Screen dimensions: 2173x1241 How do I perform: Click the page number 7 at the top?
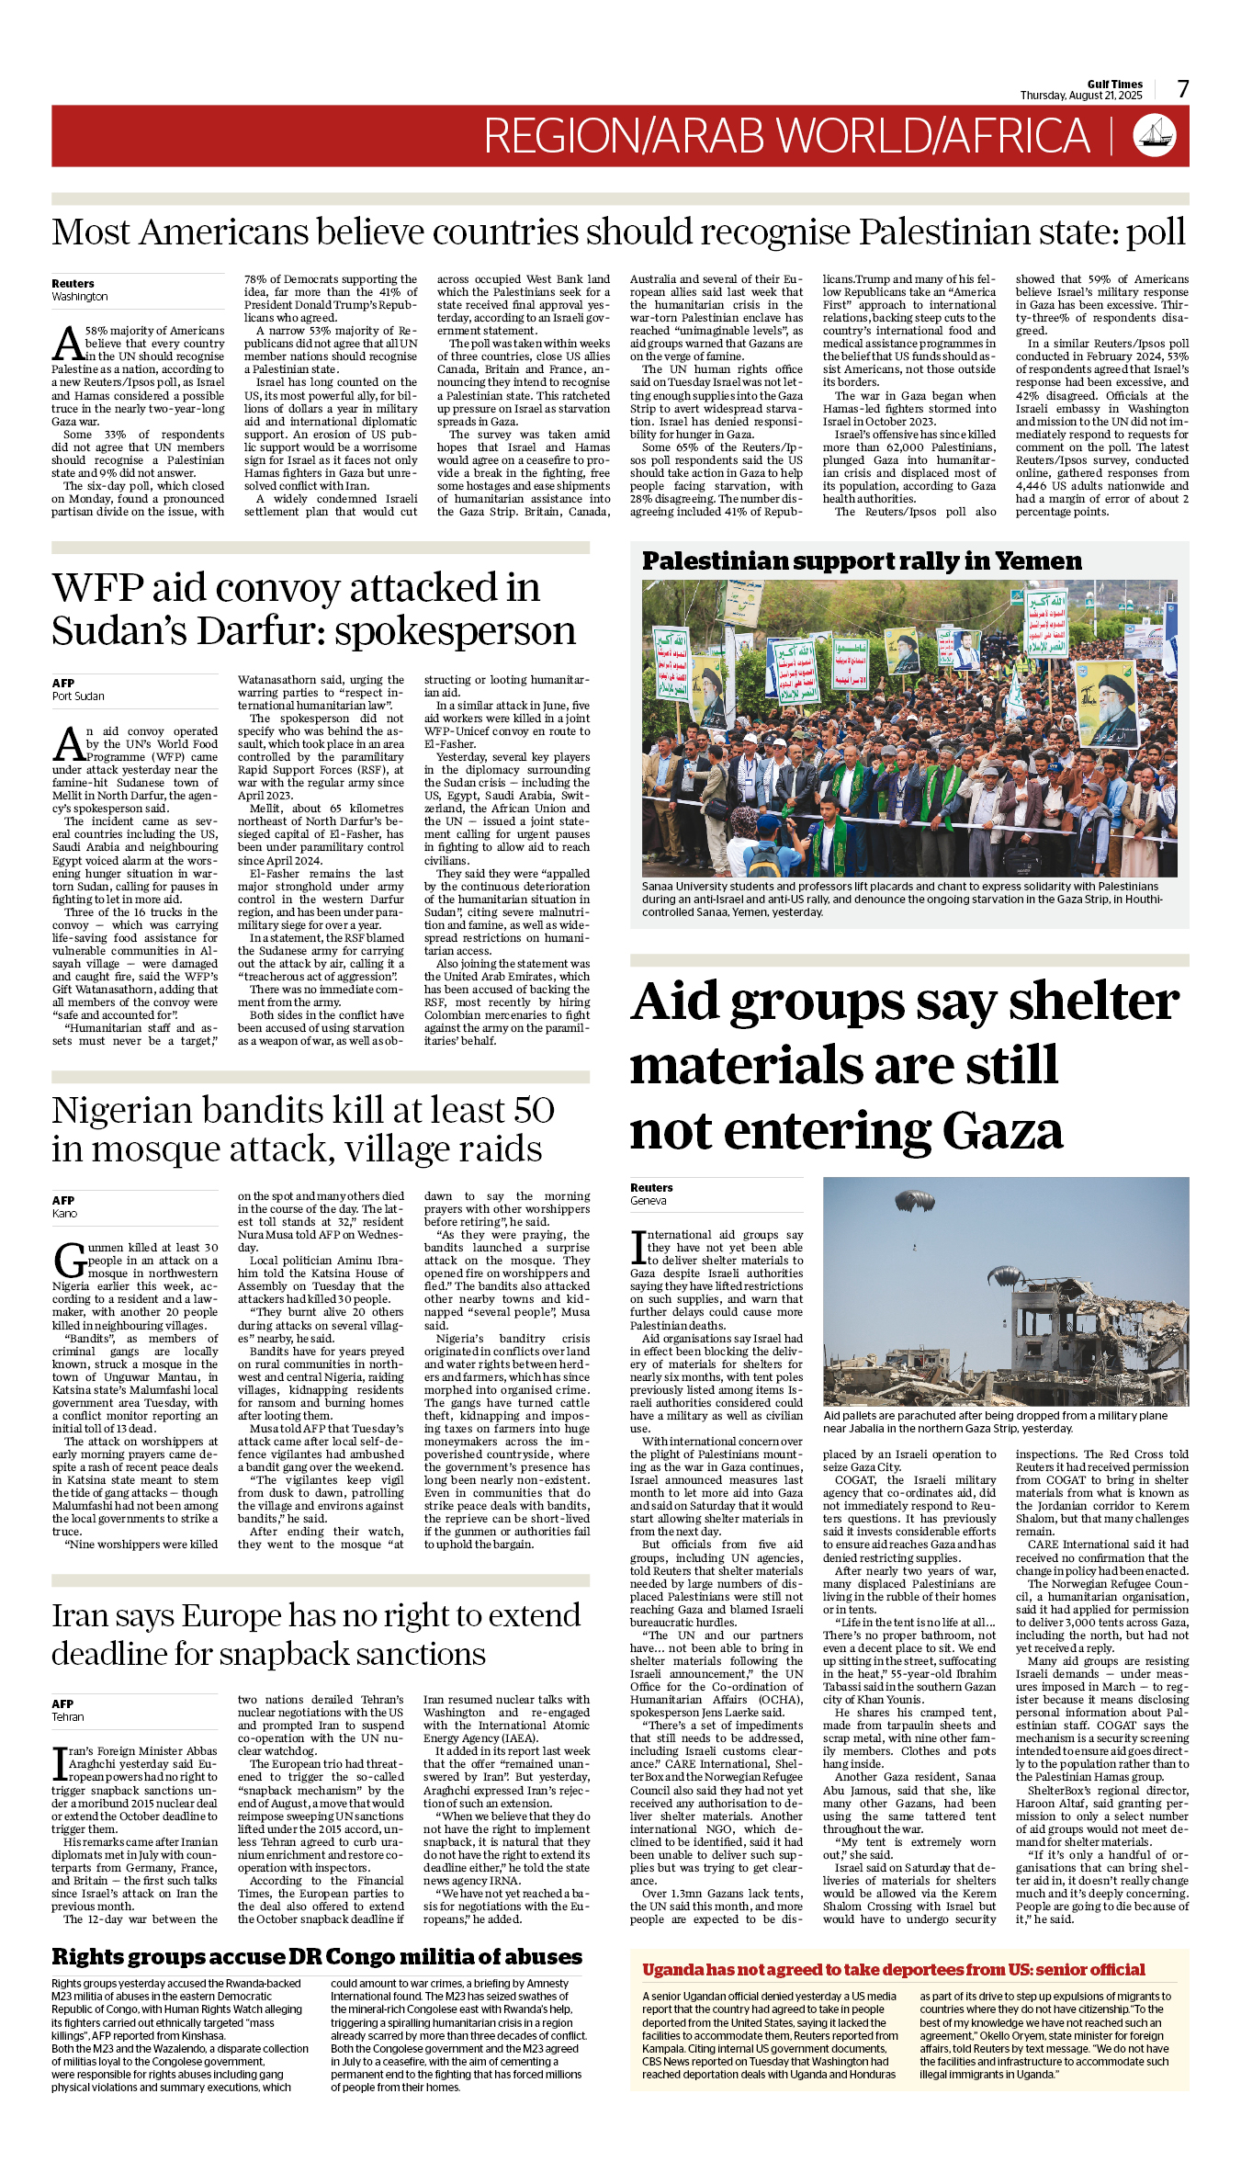tap(1183, 89)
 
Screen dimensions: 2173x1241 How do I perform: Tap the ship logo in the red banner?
tap(1155, 135)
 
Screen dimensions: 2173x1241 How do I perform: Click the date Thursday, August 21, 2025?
tap(1081, 96)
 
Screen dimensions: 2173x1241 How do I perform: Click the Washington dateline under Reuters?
tap(80, 297)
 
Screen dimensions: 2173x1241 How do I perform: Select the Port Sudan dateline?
tap(78, 696)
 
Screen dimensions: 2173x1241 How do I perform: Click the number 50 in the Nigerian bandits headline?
tap(534, 1110)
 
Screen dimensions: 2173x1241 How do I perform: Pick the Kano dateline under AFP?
tap(65, 1214)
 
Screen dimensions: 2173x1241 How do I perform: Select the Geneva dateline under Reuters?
tap(649, 1201)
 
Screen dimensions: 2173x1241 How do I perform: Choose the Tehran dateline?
tap(68, 1717)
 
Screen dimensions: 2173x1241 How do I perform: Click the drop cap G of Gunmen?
tap(69, 1261)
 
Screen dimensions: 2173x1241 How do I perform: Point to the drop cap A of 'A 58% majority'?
tap(67, 344)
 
